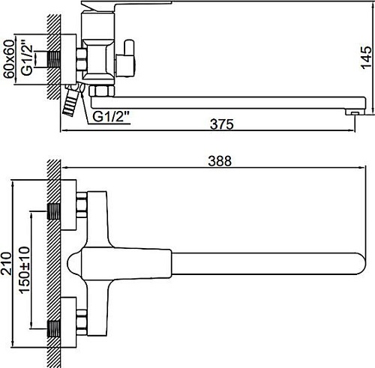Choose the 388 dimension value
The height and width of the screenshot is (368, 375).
click(217, 161)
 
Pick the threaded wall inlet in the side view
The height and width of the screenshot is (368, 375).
click(54, 57)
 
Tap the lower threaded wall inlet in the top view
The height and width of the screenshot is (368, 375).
click(55, 327)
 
